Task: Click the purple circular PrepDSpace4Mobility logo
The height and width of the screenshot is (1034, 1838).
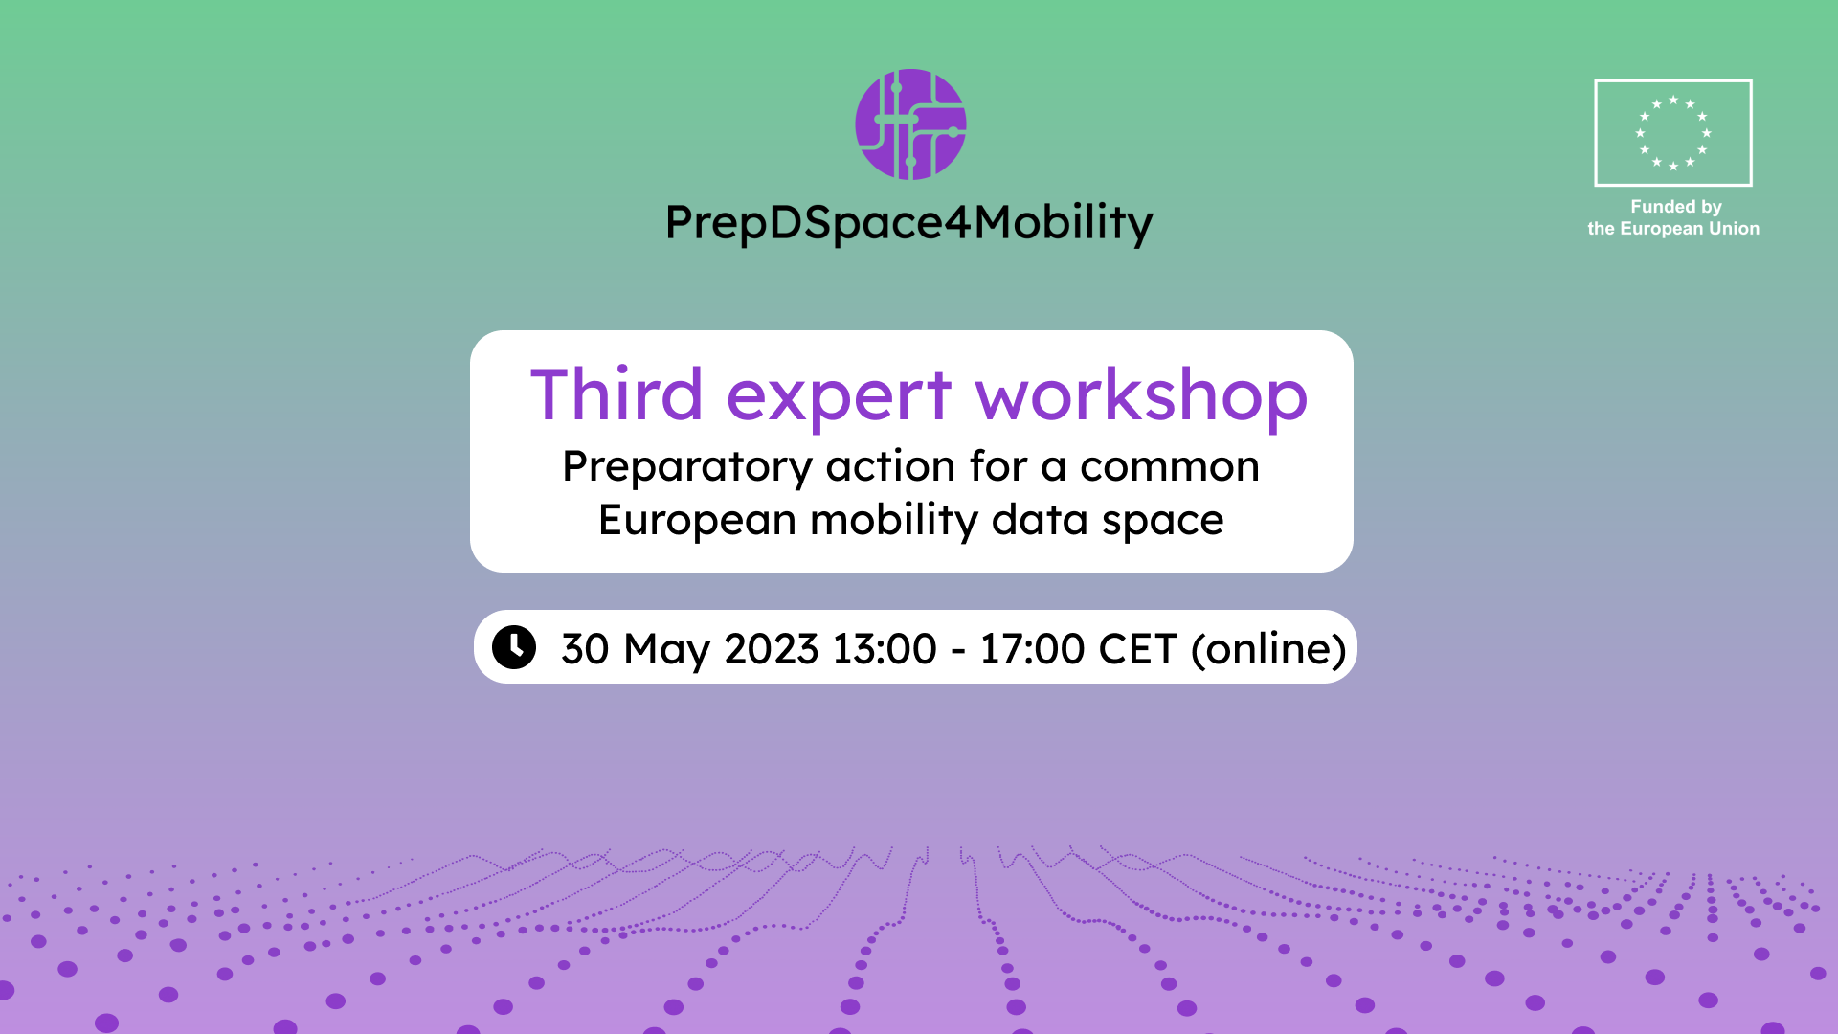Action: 910,124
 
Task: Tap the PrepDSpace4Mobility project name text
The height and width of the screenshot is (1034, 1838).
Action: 909,224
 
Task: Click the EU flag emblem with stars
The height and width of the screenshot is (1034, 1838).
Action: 1673,133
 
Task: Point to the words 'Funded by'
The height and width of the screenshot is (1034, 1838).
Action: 1676,207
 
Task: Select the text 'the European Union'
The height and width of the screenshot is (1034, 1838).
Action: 1673,229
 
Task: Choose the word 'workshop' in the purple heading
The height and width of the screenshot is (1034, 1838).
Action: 1141,395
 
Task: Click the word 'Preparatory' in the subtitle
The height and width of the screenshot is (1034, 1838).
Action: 687,468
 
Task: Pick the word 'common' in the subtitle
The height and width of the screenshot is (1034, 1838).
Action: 1170,467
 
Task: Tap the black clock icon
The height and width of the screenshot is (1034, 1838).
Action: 514,647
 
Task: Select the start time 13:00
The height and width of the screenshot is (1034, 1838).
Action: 885,649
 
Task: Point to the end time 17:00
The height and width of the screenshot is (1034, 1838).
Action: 1032,649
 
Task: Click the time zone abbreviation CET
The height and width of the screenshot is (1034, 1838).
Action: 1137,649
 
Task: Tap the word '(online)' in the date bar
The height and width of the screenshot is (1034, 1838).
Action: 1268,649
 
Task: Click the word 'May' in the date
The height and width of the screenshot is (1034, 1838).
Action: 667,651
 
